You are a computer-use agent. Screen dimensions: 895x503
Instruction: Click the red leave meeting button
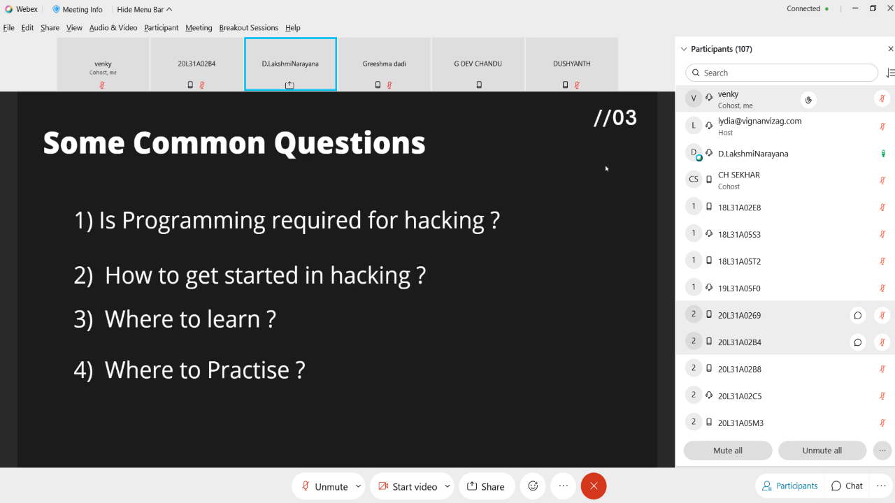click(594, 486)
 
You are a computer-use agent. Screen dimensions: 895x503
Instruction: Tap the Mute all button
click(728, 451)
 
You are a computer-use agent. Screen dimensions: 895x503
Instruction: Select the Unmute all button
click(822, 451)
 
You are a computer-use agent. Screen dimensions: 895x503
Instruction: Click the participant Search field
click(782, 73)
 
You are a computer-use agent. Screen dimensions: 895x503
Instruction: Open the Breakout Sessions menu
click(248, 27)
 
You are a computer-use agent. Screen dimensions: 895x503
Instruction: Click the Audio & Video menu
click(113, 27)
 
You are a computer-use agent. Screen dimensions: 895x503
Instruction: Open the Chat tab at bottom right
click(847, 486)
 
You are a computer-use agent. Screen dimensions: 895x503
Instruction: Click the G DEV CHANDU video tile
click(478, 64)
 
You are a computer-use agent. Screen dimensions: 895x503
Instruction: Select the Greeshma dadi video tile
click(384, 64)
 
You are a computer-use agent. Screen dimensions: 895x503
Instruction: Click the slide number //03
click(615, 118)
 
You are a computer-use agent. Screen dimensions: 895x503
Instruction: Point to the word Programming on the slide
click(194, 220)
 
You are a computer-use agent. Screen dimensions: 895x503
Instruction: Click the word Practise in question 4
click(248, 370)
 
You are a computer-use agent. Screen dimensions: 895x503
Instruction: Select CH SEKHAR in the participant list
click(739, 175)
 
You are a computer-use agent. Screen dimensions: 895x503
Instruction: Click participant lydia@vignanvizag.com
click(759, 121)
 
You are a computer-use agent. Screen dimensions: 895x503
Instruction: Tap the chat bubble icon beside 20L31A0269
click(857, 315)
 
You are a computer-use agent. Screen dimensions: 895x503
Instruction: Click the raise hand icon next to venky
click(808, 99)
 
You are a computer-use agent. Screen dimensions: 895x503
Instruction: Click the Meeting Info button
click(78, 9)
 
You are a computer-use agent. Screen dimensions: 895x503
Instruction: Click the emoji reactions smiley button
click(533, 486)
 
